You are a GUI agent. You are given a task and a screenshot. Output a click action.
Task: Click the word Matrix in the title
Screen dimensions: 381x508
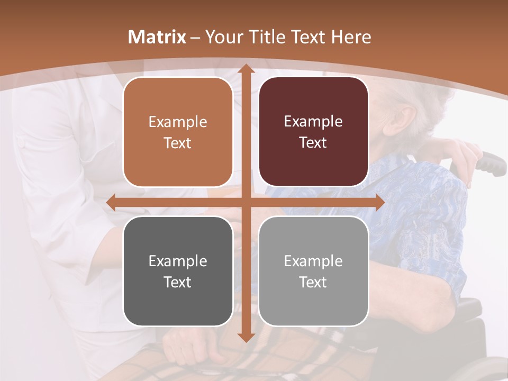157,37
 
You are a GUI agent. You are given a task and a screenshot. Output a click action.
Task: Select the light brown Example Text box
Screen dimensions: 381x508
178,132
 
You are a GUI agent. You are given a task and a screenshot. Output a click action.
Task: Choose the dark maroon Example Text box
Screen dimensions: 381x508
313,132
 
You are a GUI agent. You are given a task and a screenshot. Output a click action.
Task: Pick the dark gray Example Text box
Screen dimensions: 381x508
178,271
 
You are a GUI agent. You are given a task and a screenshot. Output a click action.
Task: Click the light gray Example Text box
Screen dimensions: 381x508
313,271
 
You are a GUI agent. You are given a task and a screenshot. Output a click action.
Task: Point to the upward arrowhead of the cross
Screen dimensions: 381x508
246,69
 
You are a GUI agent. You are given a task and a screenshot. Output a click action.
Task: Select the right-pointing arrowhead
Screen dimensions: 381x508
380,202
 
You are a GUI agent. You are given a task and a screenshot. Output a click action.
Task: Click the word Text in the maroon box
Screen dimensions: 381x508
313,142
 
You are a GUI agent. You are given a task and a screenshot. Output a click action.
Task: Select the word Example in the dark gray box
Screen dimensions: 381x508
178,261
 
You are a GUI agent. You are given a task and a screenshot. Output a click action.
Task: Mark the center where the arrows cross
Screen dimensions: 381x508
246,202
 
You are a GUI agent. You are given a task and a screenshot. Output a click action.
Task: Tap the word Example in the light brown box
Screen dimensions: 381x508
178,122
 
